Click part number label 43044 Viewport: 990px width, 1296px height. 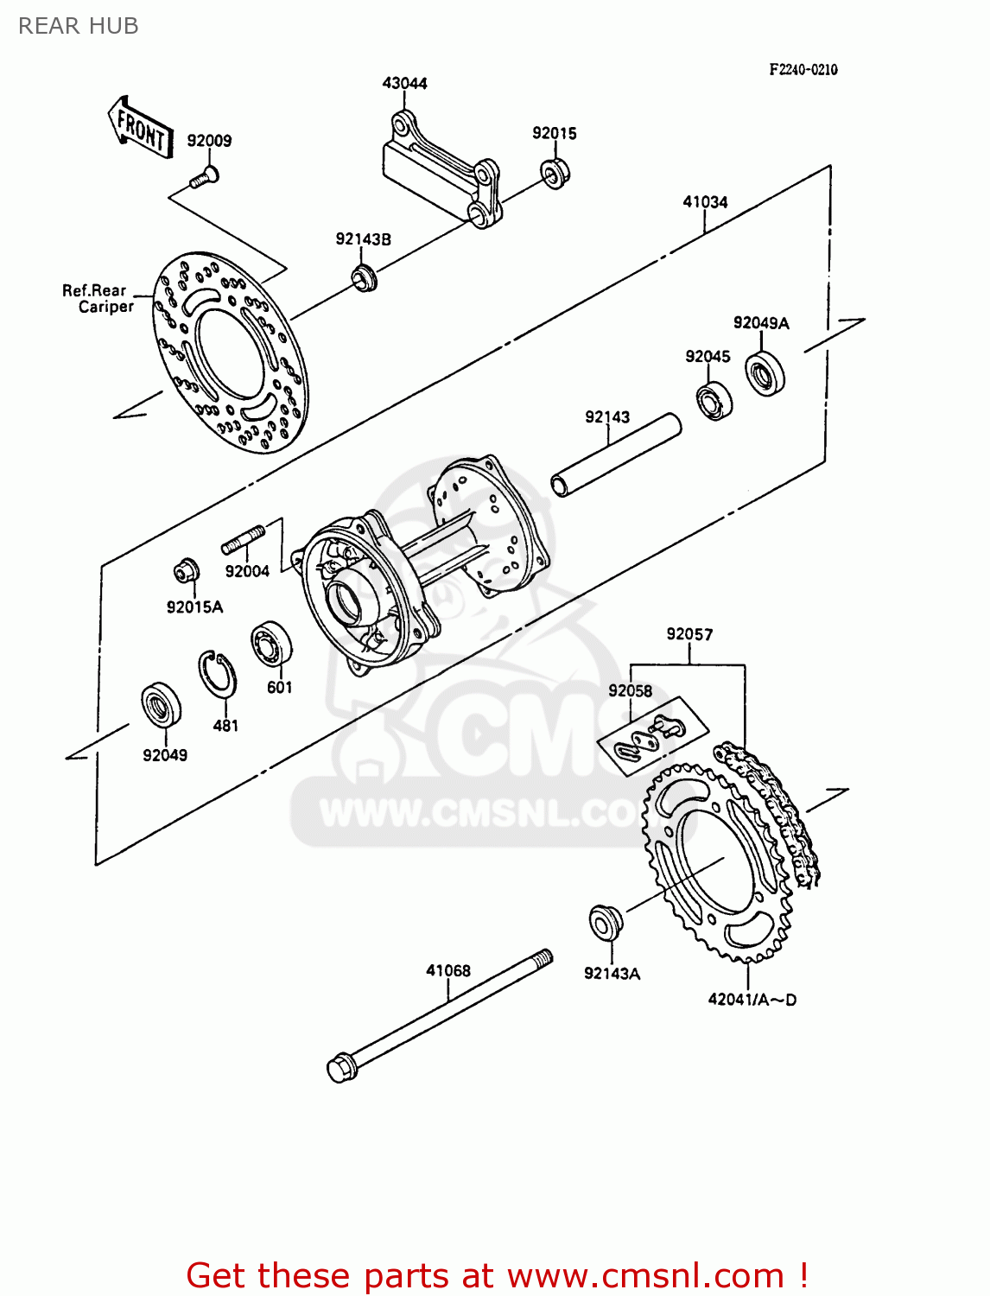[404, 83]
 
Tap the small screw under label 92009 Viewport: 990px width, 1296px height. [204, 178]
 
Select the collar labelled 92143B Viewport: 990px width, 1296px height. [364, 278]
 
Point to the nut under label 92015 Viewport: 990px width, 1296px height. [555, 172]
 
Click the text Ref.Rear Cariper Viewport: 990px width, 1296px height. [96, 299]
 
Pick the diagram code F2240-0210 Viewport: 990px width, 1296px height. [803, 70]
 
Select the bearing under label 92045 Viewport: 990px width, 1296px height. [714, 400]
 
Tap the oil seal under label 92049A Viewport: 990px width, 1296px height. [765, 373]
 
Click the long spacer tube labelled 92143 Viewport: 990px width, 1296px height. [616, 455]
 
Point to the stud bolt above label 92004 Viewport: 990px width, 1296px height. [244, 540]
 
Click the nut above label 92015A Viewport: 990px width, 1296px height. [185, 570]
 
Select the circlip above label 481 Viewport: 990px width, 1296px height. [218, 673]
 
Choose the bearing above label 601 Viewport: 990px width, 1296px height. [271, 645]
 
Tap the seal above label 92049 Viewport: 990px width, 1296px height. [161, 706]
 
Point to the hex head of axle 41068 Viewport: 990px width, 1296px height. [342, 1067]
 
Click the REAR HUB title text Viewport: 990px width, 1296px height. [78, 26]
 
